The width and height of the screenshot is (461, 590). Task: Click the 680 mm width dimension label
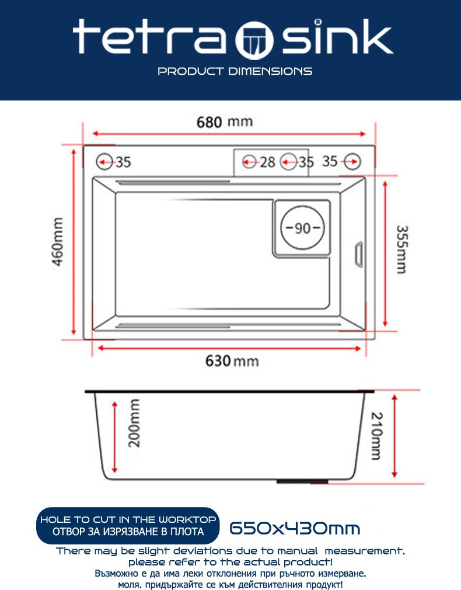coord(225,122)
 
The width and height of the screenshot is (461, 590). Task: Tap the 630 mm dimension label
coord(232,361)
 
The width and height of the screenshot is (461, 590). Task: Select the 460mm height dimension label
coord(58,242)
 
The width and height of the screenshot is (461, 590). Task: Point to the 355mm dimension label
coord(401,249)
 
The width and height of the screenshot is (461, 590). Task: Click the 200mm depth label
coord(134,423)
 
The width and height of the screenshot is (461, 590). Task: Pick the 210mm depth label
coord(377,436)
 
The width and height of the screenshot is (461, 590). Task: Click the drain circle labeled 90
coord(302,227)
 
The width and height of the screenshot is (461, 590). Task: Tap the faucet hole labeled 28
coord(249,162)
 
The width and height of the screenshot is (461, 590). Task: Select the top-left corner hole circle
coord(104,162)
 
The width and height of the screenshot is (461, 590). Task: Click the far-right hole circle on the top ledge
coord(352,161)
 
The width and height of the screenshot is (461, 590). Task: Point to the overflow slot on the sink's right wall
coord(359,255)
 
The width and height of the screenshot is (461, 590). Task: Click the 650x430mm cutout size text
coord(295,528)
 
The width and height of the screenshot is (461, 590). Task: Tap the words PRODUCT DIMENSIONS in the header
coord(235,71)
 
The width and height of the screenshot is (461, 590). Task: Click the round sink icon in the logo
coord(254,40)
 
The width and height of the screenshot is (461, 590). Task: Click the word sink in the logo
coord(337,36)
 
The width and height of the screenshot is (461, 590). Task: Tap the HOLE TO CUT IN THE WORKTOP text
coord(128,520)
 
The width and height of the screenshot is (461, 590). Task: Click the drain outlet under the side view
coord(302,481)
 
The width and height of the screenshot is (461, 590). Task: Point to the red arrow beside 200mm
coord(115,437)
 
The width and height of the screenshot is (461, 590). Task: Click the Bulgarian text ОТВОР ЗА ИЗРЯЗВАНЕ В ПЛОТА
coord(128,532)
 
